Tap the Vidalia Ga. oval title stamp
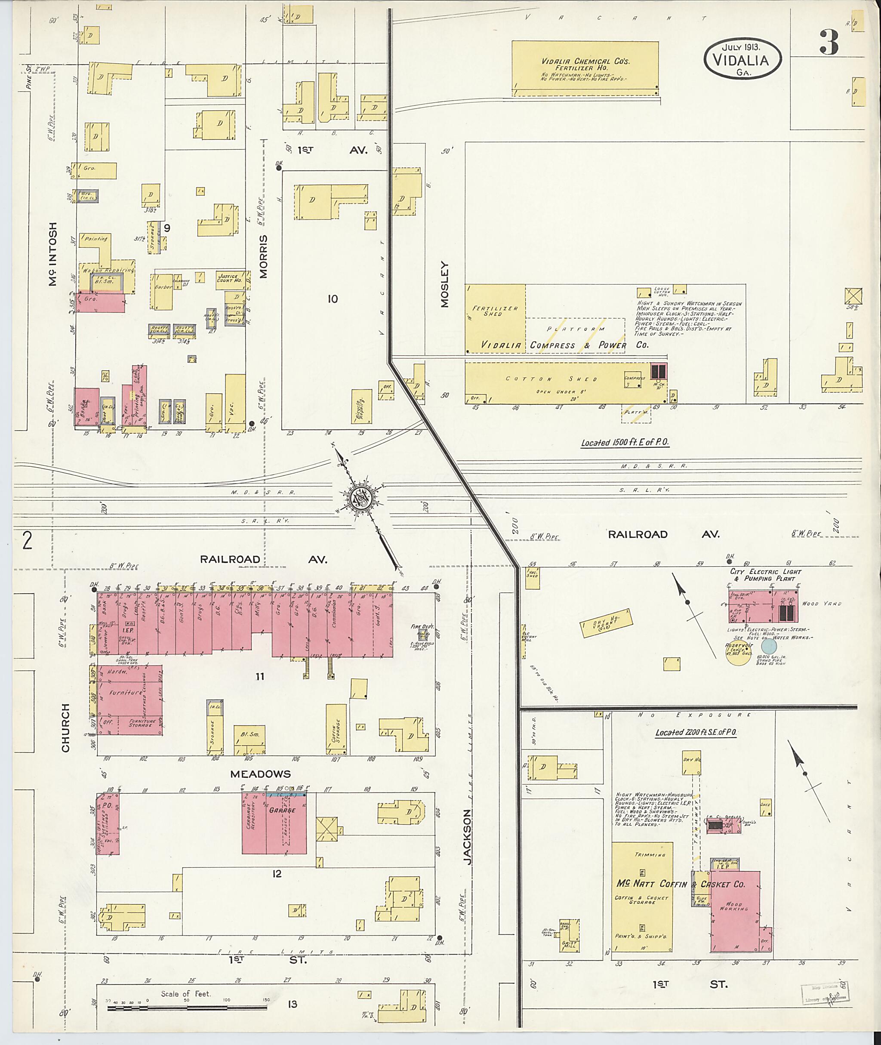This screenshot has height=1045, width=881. click(742, 59)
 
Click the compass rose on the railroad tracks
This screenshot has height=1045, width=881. click(362, 499)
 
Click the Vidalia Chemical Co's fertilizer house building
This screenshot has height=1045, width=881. click(585, 68)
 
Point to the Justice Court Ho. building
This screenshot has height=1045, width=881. click(229, 278)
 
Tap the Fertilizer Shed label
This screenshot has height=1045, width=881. click(495, 311)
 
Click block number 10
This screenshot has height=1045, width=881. click(333, 299)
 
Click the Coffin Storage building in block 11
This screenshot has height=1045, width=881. click(336, 729)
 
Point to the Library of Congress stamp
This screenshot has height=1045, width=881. click(822, 994)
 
